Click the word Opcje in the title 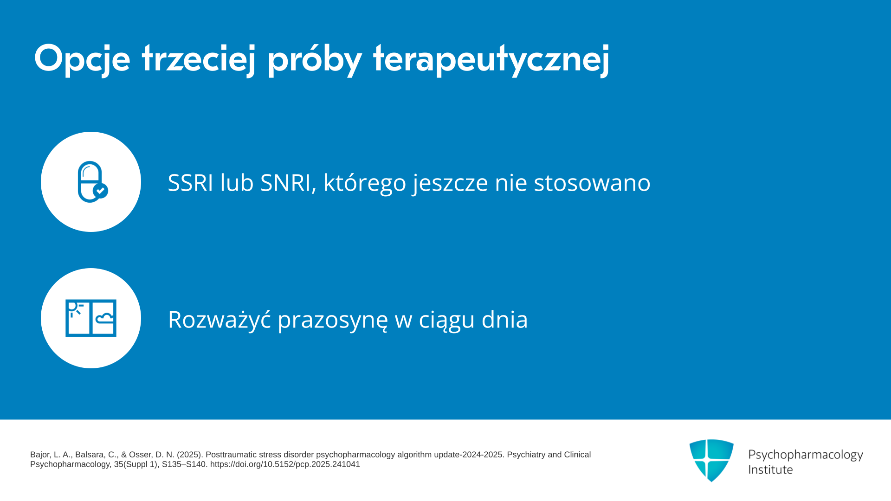[82, 59]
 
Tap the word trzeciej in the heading [199, 59]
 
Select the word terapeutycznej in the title [491, 59]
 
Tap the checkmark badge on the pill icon [101, 191]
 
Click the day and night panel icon [91, 318]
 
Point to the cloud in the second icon [104, 318]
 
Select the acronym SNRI [285, 182]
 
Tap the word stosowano [592, 182]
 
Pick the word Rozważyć [220, 319]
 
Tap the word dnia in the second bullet [504, 319]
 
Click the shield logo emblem [711, 460]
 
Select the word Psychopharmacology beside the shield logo [806, 455]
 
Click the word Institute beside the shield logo [770, 469]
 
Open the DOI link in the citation [285, 464]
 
